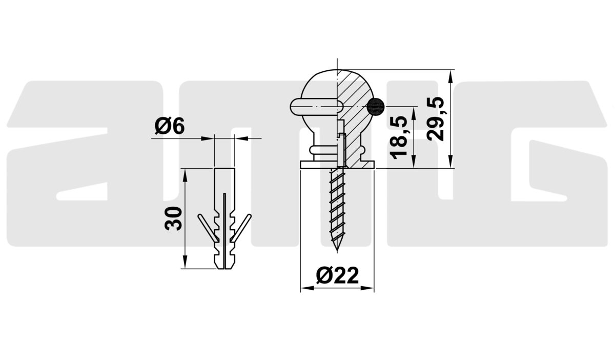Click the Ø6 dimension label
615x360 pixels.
click(170, 126)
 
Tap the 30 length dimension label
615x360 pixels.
click(173, 218)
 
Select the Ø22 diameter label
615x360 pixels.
click(337, 275)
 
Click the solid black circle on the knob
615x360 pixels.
click(376, 107)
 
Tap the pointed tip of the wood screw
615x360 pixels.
click(337, 250)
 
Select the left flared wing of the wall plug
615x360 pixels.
click(208, 228)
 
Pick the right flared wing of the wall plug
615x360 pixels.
click(241, 228)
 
